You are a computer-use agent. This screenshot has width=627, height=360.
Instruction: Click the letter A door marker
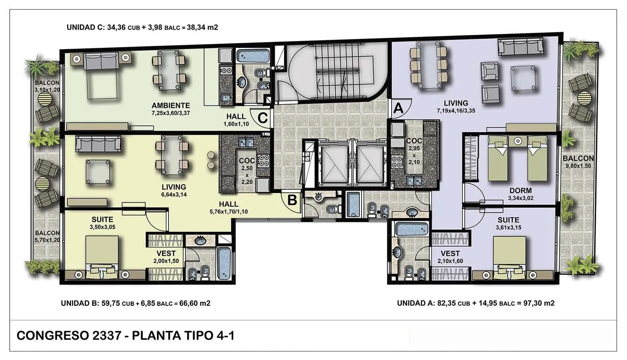(x=398, y=108)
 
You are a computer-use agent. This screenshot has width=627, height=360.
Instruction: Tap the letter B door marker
(x=292, y=200)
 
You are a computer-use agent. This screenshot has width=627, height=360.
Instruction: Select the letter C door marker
(x=262, y=118)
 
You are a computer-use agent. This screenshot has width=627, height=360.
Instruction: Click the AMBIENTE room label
(x=171, y=105)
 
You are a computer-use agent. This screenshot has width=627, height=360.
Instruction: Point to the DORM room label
(x=521, y=191)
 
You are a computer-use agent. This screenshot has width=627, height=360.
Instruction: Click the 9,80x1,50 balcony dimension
(x=578, y=166)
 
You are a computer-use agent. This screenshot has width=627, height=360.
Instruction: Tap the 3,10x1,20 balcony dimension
(x=47, y=90)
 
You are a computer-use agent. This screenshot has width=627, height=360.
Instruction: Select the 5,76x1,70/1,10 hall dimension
(x=229, y=212)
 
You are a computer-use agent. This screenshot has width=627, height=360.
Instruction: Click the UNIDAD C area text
(x=142, y=28)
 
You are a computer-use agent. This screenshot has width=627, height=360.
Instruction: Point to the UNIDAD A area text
(x=475, y=303)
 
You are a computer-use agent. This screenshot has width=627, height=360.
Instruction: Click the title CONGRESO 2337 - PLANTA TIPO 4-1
(x=125, y=335)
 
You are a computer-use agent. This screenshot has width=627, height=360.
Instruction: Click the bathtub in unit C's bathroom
(x=253, y=56)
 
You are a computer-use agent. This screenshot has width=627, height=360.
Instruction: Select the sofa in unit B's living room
(x=98, y=144)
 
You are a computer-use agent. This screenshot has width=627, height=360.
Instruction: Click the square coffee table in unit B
(x=98, y=172)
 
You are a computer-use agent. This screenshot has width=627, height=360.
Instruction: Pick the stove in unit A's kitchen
(x=397, y=161)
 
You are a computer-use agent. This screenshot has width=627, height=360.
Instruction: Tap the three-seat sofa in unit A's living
(x=520, y=46)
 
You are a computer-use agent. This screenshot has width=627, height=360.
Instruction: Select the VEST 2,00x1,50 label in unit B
(x=166, y=257)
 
